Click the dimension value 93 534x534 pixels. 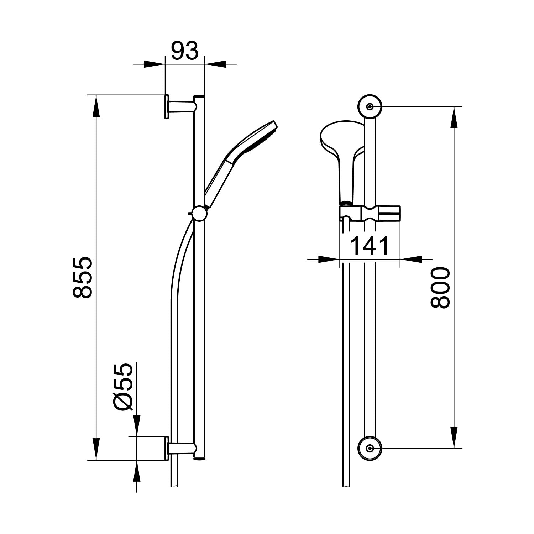tap(185, 51)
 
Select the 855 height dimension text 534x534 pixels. tap(83, 277)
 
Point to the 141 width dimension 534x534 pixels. tap(370, 246)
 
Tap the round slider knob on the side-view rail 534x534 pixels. tap(199, 214)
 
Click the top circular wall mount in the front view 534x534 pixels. tap(370, 106)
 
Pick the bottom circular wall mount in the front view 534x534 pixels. tap(370, 448)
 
